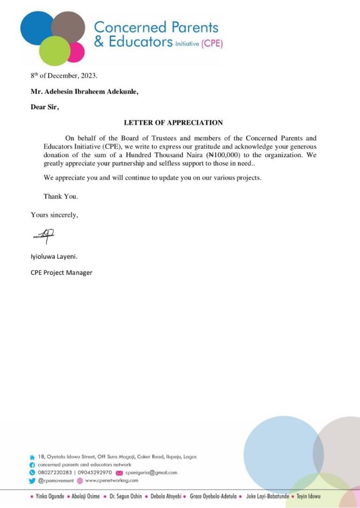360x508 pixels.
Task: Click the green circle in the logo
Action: (x=54, y=51)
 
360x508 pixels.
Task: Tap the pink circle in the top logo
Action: (x=75, y=52)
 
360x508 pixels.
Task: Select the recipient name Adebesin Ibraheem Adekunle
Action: (x=93, y=91)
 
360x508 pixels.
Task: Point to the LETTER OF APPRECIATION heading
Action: (x=173, y=123)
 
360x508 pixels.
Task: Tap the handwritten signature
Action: (x=44, y=236)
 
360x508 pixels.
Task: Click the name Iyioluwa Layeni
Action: (x=54, y=257)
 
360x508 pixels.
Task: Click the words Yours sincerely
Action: (x=55, y=215)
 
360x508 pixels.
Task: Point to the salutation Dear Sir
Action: (x=45, y=107)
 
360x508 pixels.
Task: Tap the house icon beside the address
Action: (x=32, y=457)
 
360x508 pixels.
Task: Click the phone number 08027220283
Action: (x=55, y=472)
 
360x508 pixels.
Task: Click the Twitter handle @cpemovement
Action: (x=56, y=480)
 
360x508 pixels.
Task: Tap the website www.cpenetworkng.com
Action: (x=112, y=480)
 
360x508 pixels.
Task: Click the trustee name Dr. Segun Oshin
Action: (x=125, y=496)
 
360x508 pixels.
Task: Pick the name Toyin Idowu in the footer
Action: (x=308, y=496)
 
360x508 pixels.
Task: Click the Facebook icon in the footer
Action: (x=32, y=465)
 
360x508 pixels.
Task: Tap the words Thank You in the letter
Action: (x=61, y=196)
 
